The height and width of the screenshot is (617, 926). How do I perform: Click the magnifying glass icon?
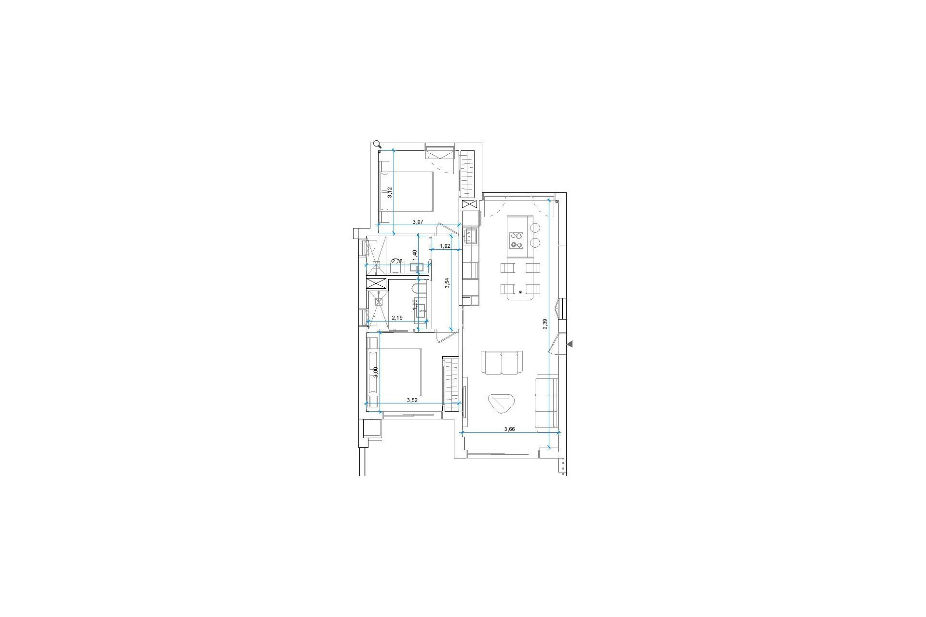377,144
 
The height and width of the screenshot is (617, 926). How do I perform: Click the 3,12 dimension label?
390,192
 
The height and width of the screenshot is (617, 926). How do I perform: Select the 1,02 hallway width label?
445,246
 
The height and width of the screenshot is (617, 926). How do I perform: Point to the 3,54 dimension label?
447,283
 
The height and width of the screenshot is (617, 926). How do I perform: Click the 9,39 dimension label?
545,324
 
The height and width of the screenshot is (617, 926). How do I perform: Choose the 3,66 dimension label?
509,429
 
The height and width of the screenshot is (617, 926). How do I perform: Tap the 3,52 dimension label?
412,400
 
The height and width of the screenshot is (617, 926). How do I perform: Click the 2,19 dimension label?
397,318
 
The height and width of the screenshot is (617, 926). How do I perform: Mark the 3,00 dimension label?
376,373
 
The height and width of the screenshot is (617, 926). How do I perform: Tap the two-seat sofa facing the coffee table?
502,362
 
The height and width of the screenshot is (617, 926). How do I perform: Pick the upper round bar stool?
536,227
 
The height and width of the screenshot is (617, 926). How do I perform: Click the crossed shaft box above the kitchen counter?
469,204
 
